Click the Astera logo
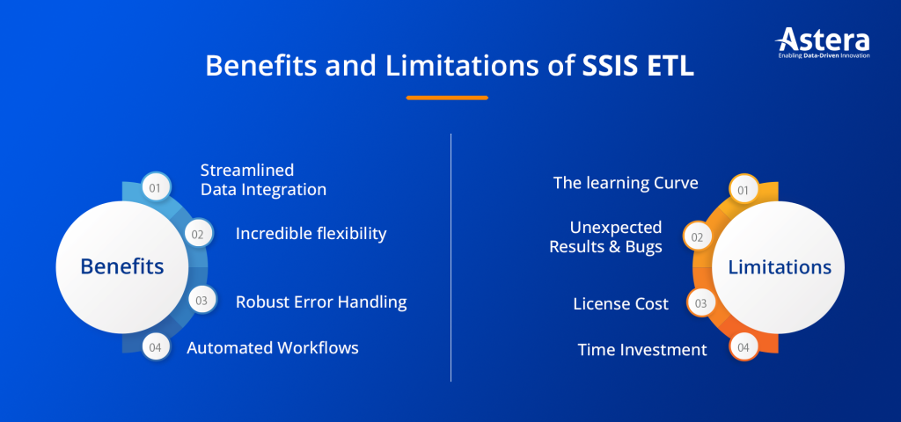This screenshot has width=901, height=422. (822, 42)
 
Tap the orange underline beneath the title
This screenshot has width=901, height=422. (447, 97)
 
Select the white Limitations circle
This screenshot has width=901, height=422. (779, 267)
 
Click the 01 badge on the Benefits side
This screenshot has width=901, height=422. (155, 187)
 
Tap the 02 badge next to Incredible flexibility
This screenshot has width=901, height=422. (198, 234)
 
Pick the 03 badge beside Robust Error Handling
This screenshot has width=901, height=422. (201, 301)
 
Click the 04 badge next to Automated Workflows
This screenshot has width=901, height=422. (155, 347)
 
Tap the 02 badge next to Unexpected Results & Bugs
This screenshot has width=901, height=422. (697, 236)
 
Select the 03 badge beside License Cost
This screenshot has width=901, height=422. (700, 302)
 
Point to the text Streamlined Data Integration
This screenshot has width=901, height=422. (263, 179)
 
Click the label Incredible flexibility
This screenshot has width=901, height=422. (311, 234)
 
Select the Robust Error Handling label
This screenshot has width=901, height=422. (321, 302)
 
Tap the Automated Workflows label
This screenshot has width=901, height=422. (273, 348)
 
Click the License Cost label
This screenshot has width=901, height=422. (620, 304)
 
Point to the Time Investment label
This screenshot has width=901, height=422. (641, 350)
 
